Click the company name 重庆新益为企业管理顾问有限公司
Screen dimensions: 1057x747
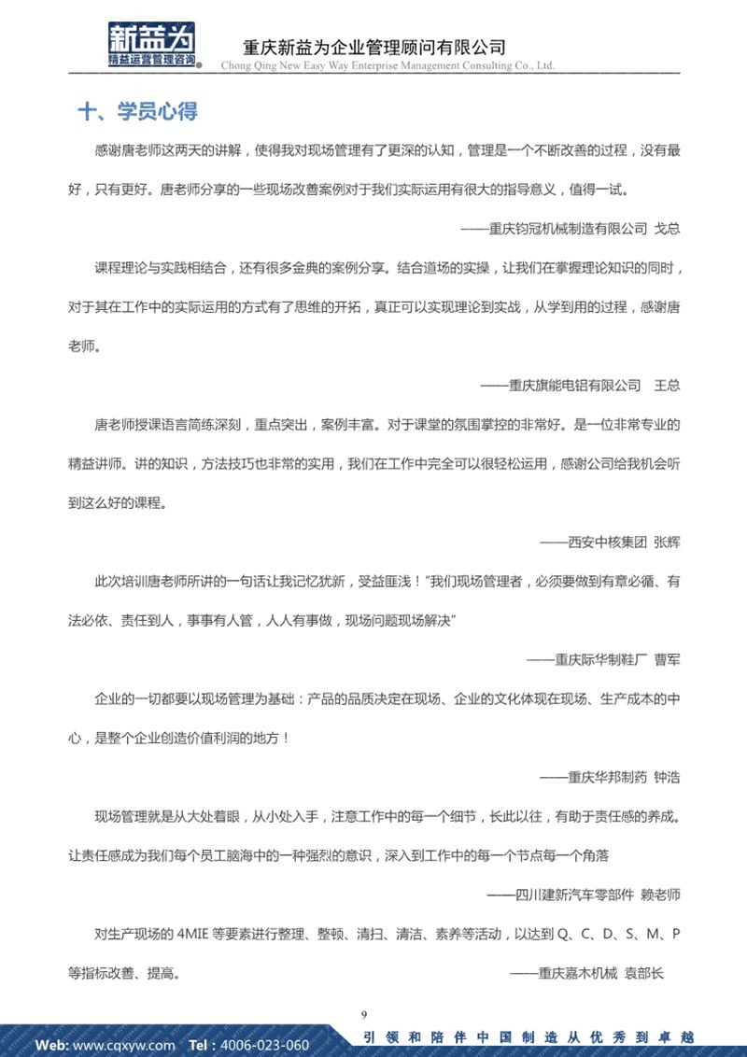pos(373,46)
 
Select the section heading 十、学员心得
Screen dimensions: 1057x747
pos(137,112)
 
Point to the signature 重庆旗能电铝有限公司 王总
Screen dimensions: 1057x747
pos(580,385)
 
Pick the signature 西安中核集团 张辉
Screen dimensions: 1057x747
pos(610,542)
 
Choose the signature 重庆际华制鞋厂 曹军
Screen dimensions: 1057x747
pos(603,658)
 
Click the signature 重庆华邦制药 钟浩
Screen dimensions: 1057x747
pos(610,777)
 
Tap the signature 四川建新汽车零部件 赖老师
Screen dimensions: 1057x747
pos(584,894)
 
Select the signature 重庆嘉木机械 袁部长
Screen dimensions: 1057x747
pos(586,973)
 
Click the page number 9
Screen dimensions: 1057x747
pos(363,1014)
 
